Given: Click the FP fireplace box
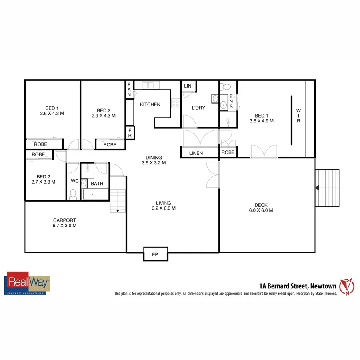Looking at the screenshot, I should tap(155, 254).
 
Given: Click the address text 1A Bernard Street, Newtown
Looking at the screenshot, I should tap(297, 286).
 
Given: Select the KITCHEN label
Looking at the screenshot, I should tap(150, 104).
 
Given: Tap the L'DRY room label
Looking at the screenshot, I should tap(198, 108).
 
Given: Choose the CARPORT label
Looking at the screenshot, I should tap(64, 223).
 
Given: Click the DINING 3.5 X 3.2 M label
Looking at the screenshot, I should tap(154, 160).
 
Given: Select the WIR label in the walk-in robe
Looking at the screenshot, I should tap(298, 116).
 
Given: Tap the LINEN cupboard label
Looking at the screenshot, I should tap(196, 153).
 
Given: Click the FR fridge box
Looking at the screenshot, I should tap(130, 133).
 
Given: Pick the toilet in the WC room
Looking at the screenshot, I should tap(73, 194).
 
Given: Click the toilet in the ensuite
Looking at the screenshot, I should tap(226, 86).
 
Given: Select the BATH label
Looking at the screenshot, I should tap(97, 184).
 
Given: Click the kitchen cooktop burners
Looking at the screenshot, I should tap(175, 104).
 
